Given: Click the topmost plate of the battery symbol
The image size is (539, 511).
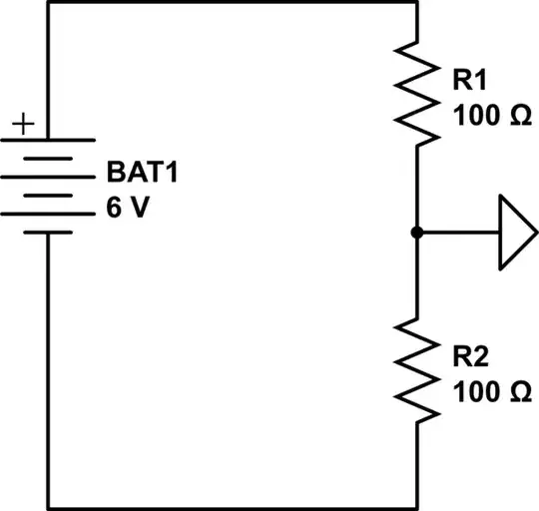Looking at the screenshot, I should coord(48,139).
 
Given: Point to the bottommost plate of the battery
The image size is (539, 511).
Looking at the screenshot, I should coord(48,232).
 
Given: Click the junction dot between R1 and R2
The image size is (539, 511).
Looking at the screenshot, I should coord(414,233).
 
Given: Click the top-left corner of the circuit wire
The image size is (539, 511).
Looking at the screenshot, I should coord(48,3).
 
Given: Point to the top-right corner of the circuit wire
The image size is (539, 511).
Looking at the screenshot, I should coord(414,3).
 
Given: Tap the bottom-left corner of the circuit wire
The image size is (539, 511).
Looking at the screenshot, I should coord(48,507).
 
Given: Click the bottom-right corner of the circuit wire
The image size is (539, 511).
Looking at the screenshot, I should coord(414,507).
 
